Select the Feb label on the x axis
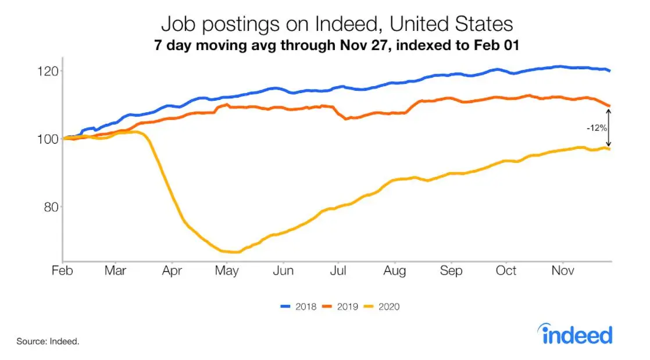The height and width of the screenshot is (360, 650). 62,271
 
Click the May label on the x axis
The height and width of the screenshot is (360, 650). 227,271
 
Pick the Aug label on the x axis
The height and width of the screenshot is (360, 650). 395,271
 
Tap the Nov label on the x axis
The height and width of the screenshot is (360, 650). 562,271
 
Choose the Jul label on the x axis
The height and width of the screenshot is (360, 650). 338,271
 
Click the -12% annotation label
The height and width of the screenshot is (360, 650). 596,127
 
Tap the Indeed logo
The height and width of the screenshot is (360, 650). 576,334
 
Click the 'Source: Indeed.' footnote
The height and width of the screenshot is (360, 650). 48,341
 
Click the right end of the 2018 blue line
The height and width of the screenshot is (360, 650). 609,71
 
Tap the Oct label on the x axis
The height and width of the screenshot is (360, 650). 506,271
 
